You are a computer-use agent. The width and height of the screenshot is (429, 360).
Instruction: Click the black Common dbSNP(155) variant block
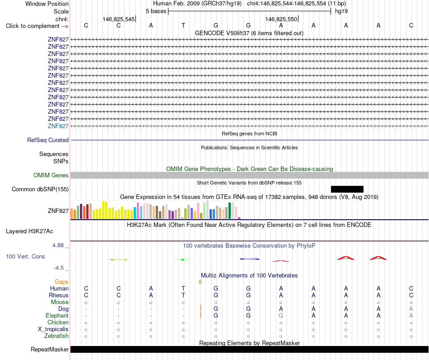pos(347,189)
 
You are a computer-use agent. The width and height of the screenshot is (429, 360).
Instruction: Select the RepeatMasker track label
pos(50,349)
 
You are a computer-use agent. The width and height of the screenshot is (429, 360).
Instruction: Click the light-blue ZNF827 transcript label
pos(58,126)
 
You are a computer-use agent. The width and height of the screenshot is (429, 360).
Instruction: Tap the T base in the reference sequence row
pos(183,25)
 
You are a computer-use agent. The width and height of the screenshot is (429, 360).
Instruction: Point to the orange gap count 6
pos(200,282)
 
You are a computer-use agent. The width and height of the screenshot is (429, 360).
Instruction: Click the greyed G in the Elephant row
pos(281,315)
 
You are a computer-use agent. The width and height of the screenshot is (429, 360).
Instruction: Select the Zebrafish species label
pos(56,336)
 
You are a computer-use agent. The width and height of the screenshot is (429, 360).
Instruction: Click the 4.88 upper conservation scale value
pos(58,245)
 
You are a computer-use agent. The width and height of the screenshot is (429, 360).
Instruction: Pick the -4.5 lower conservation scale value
pos(59,268)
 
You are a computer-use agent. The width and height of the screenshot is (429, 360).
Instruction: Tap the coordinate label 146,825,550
pos(281,19)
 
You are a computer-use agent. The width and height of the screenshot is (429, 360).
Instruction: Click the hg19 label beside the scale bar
pos(341,11)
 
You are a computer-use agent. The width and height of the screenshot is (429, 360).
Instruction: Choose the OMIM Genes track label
pos(51,175)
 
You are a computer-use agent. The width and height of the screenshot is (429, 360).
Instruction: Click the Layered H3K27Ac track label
pos(29,231)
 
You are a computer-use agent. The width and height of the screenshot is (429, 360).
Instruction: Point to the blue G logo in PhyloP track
pos(249,258)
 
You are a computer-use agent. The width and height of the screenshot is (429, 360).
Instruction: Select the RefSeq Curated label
pos(48,140)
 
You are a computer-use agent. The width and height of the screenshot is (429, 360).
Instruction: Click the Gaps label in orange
pos(61,282)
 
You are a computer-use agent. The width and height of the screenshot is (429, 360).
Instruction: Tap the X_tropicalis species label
pos(53,329)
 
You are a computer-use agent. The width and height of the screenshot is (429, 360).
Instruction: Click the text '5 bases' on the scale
pos(156,11)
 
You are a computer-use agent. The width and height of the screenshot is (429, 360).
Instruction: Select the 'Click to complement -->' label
pos(37,26)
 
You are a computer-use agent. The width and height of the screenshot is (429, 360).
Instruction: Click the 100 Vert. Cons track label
pos(25,256)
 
